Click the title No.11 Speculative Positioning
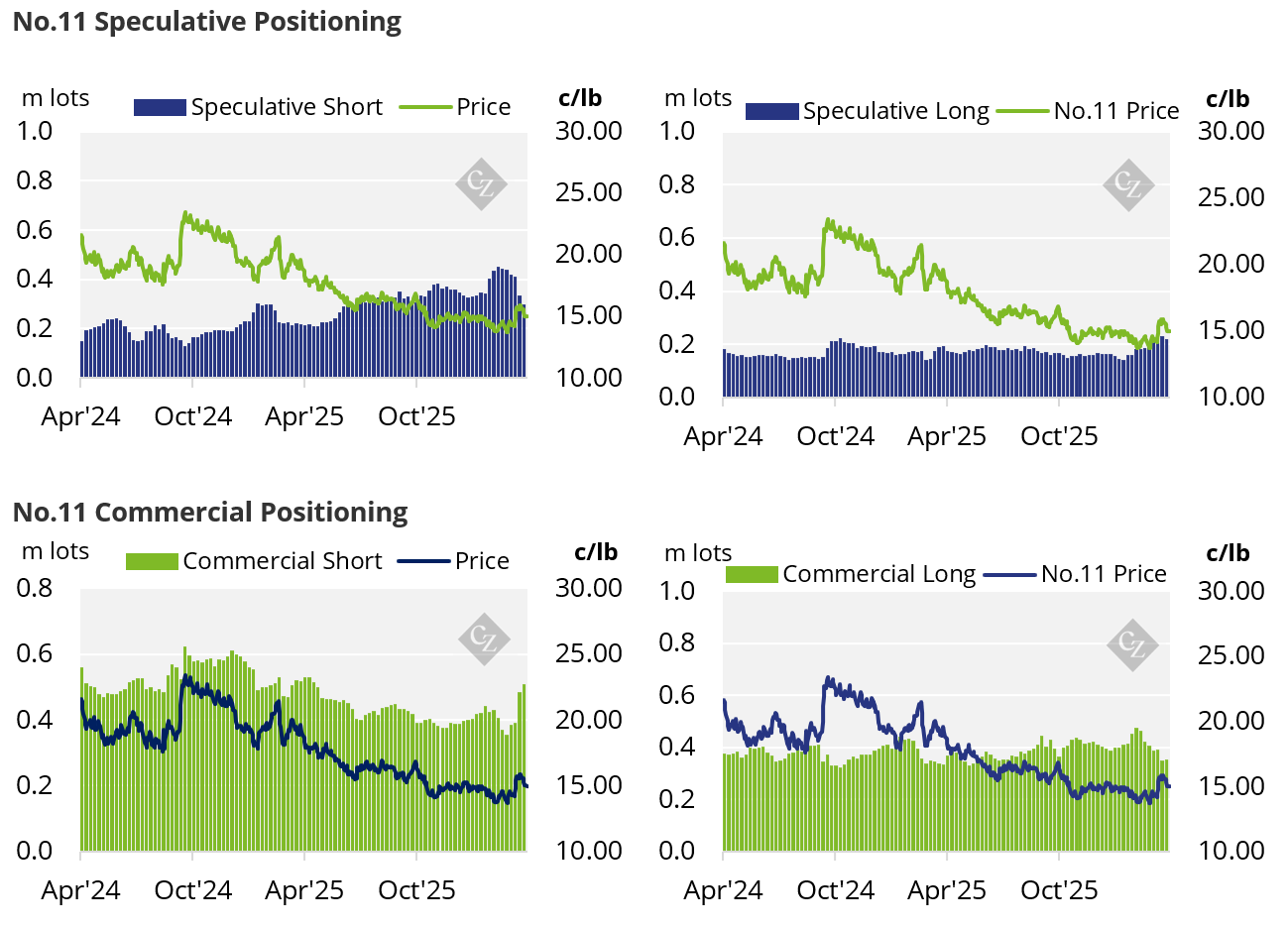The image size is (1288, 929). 206,22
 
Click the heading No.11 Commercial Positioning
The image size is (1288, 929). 209,512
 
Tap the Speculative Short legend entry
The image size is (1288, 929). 258,107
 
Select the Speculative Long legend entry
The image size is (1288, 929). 868,111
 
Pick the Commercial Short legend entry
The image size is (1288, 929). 254,561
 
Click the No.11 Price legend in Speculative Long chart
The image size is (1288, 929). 1088,111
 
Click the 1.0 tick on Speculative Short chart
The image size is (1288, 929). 35,131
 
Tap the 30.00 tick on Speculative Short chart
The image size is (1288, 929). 588,131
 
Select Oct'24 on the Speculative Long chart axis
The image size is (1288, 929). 835,436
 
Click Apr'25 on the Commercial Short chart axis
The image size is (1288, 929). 304,890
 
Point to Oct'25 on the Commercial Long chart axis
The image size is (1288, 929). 1059,890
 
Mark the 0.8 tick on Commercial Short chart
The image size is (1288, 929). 35,588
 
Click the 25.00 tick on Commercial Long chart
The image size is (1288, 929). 1230,655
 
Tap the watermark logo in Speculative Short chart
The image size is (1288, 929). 481,184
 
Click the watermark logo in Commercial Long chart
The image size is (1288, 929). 1131,644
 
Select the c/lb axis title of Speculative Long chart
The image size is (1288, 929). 1228,99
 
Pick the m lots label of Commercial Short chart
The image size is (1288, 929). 56,551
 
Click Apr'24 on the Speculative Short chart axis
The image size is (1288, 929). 80,416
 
